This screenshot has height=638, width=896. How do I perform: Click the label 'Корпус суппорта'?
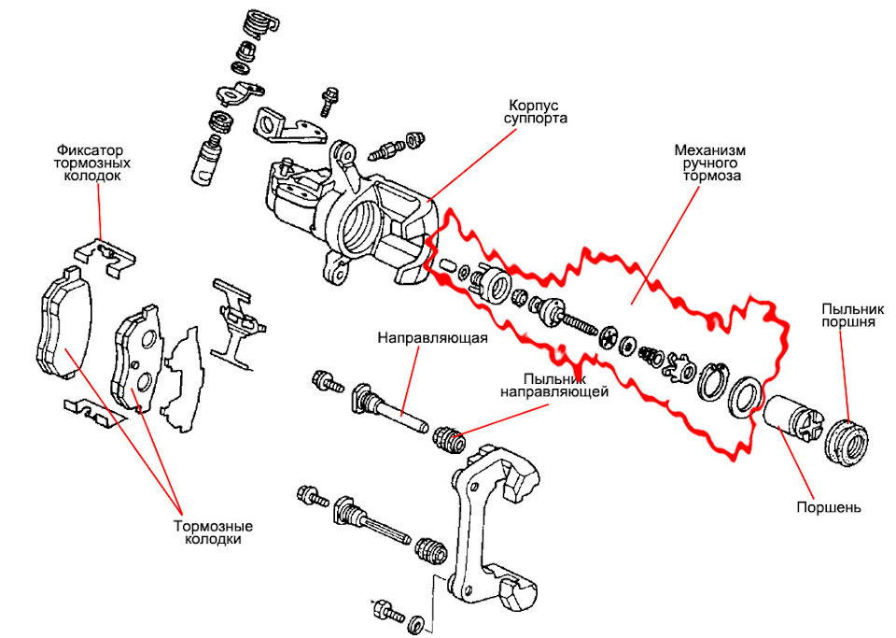[x=539, y=111]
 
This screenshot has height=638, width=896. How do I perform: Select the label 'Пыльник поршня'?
[x=847, y=315]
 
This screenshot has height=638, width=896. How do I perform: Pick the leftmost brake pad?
[x=64, y=323]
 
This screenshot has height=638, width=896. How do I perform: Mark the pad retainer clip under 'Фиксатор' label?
[x=104, y=253]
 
